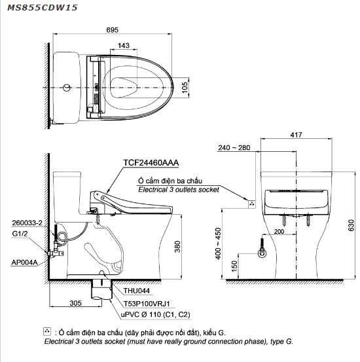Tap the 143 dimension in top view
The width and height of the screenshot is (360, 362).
[124, 46]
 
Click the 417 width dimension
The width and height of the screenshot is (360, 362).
[296, 136]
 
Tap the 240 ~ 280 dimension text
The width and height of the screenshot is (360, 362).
[234, 149]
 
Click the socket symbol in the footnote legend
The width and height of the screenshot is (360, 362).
[46, 332]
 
